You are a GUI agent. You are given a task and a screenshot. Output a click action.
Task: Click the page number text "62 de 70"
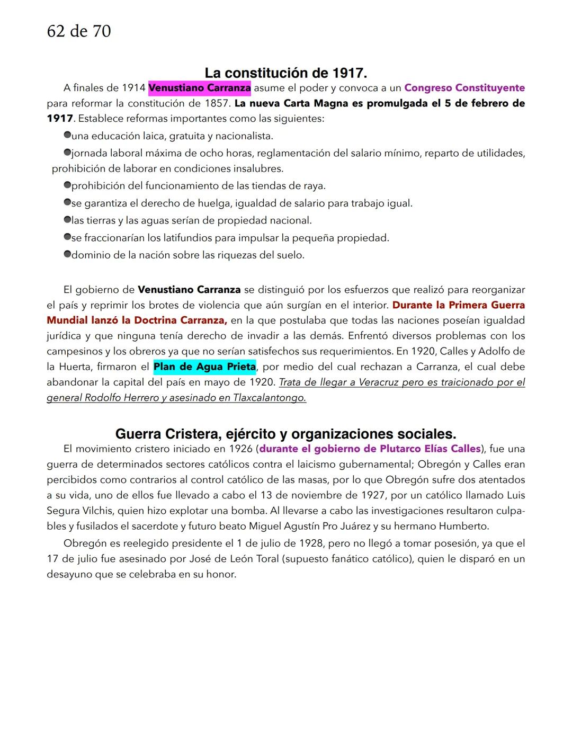[x=79, y=31]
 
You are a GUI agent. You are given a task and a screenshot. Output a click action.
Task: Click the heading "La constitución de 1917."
[x=285, y=73]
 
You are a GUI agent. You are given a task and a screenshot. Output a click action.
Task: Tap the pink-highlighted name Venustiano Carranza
[x=200, y=88]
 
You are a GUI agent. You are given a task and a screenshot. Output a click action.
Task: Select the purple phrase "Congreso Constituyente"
[x=464, y=88]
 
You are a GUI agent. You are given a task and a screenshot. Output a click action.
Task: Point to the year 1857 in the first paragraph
[x=216, y=103]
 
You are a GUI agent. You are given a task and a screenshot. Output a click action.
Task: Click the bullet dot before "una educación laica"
[x=67, y=136]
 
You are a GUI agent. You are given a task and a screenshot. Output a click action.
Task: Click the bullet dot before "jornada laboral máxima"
[x=67, y=153]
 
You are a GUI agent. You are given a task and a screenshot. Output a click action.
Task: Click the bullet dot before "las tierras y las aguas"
[x=67, y=220]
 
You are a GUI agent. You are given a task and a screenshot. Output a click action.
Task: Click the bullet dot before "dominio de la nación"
[x=67, y=255]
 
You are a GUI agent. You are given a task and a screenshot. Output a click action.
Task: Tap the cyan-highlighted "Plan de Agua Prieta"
[x=204, y=367]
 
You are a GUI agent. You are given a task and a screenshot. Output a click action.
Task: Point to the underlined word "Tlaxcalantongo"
[x=269, y=398]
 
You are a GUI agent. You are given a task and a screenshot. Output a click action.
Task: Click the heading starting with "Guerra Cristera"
[x=285, y=434]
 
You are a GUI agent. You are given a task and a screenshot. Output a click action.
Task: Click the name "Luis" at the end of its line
[x=515, y=495]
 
